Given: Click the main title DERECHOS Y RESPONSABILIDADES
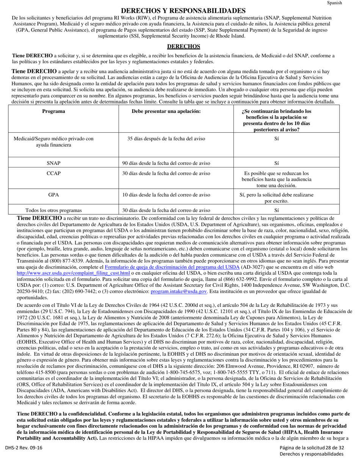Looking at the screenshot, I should coord(183,11).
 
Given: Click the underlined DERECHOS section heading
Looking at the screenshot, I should coord(183,47).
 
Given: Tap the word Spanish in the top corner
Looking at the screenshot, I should coord(335,3).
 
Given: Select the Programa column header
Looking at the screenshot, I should coord(53,111).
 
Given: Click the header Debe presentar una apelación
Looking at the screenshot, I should coord(166,111).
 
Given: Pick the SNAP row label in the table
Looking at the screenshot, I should coord(53,163).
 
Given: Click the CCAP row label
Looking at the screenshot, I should coord(53,174).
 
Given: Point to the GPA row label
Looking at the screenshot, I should coord(53,195).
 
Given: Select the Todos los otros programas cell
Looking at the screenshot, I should coord(53,211).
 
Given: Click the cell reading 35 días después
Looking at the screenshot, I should coord(166,139).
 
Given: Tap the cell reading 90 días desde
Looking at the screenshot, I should coord(166,163).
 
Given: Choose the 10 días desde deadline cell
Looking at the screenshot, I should coord(166,195).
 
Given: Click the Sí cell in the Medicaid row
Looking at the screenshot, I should coord(276,139).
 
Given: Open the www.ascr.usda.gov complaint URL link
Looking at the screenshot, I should coord(73,273).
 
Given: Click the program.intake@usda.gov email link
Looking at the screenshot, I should coord(179,291).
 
